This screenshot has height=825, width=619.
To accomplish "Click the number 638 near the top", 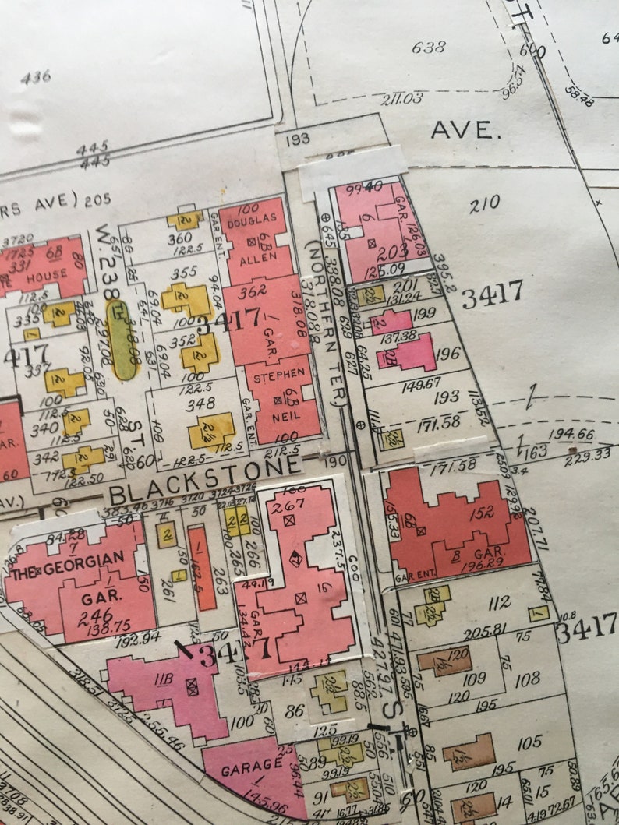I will [x=428, y=48].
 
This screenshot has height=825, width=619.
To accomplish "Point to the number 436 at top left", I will [x=36, y=76].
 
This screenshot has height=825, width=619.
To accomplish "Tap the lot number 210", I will [x=484, y=204].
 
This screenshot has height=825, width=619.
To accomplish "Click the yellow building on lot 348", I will [x=211, y=431].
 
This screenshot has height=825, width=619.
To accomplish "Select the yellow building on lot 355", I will [x=186, y=298].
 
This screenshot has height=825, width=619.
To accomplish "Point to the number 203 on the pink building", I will [x=398, y=252].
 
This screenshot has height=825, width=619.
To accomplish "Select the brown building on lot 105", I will [x=468, y=752].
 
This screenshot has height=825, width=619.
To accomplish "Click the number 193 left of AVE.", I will [x=298, y=139].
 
